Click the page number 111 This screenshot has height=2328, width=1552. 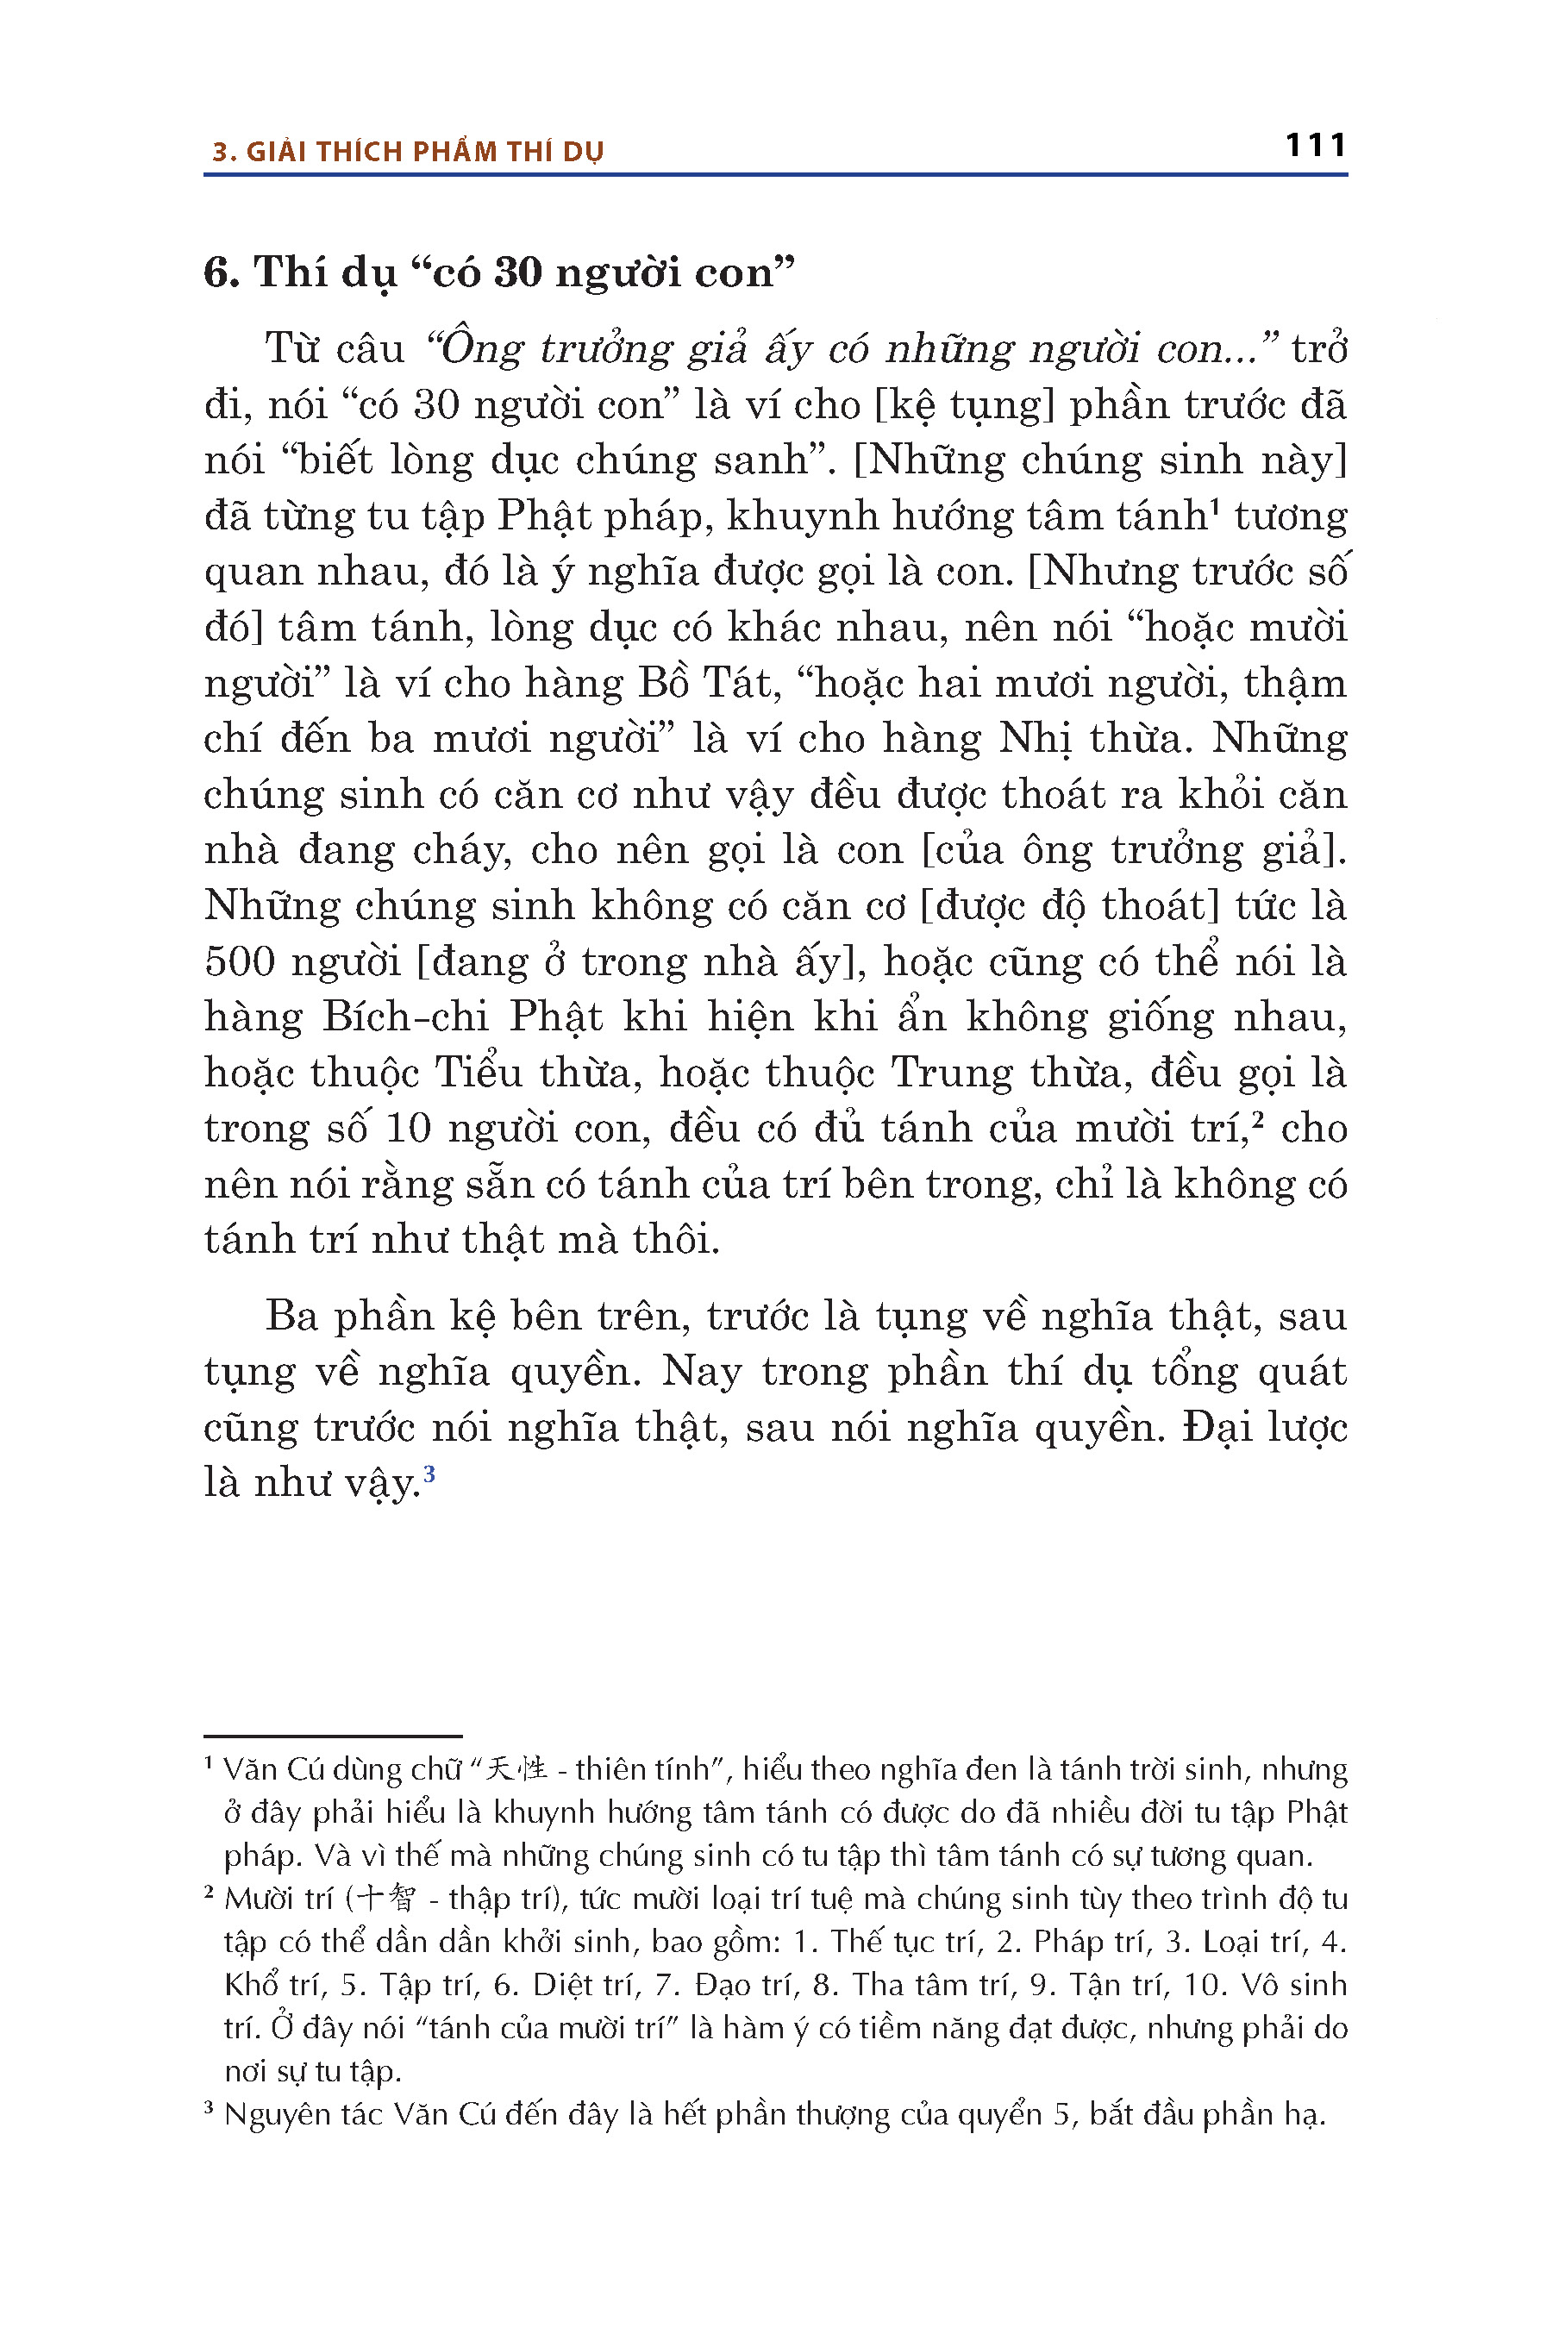pyautogui.click(x=1316, y=146)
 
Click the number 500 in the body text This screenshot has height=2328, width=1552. pyautogui.click(x=240, y=962)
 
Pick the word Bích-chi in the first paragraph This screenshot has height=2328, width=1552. pyautogui.click(x=404, y=1017)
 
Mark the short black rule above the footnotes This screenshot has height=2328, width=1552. pyautogui.click(x=333, y=1737)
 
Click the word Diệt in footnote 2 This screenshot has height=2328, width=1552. pyautogui.click(x=567, y=1985)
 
